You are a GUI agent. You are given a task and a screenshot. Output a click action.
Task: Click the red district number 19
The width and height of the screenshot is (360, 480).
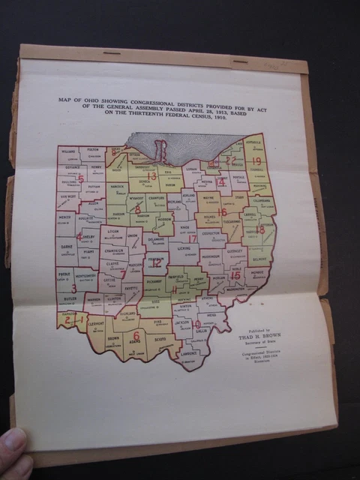256,161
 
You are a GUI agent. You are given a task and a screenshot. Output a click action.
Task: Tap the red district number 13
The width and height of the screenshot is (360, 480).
151,177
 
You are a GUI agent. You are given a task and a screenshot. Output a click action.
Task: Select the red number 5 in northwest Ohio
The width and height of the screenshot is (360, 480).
81,180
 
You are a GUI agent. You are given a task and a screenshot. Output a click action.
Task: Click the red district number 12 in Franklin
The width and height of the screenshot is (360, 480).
157,263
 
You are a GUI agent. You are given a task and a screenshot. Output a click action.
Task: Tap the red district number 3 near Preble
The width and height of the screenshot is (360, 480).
73,288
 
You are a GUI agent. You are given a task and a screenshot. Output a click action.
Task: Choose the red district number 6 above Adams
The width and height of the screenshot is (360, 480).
136,335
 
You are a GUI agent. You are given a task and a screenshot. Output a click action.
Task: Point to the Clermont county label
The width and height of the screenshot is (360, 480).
96,326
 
